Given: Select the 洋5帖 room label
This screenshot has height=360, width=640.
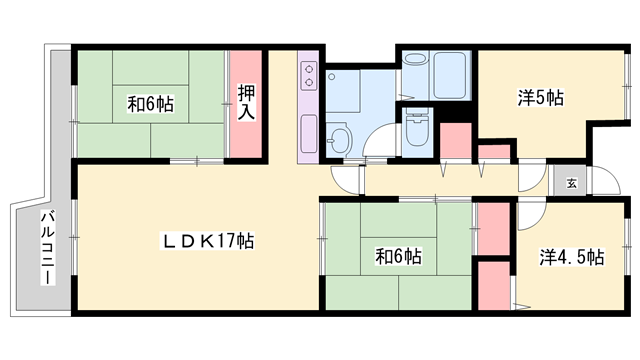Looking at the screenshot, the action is pyautogui.click(x=540, y=98).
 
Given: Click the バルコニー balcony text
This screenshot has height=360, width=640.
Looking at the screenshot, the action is pyautogui.click(x=46, y=246).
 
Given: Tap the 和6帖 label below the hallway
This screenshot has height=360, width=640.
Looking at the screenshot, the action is pyautogui.click(x=398, y=257).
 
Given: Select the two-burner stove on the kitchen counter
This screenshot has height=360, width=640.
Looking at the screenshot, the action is pyautogui.click(x=307, y=75).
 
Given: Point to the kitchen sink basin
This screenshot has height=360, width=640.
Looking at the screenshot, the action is pyautogui.click(x=308, y=131).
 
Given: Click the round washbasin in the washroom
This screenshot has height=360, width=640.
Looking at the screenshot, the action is pyautogui.click(x=339, y=139).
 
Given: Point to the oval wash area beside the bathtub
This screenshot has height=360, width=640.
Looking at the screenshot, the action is pyautogui.click(x=414, y=71).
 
